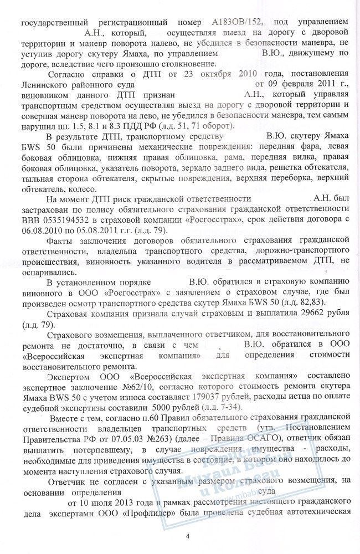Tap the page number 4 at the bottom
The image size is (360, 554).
point(188,536)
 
